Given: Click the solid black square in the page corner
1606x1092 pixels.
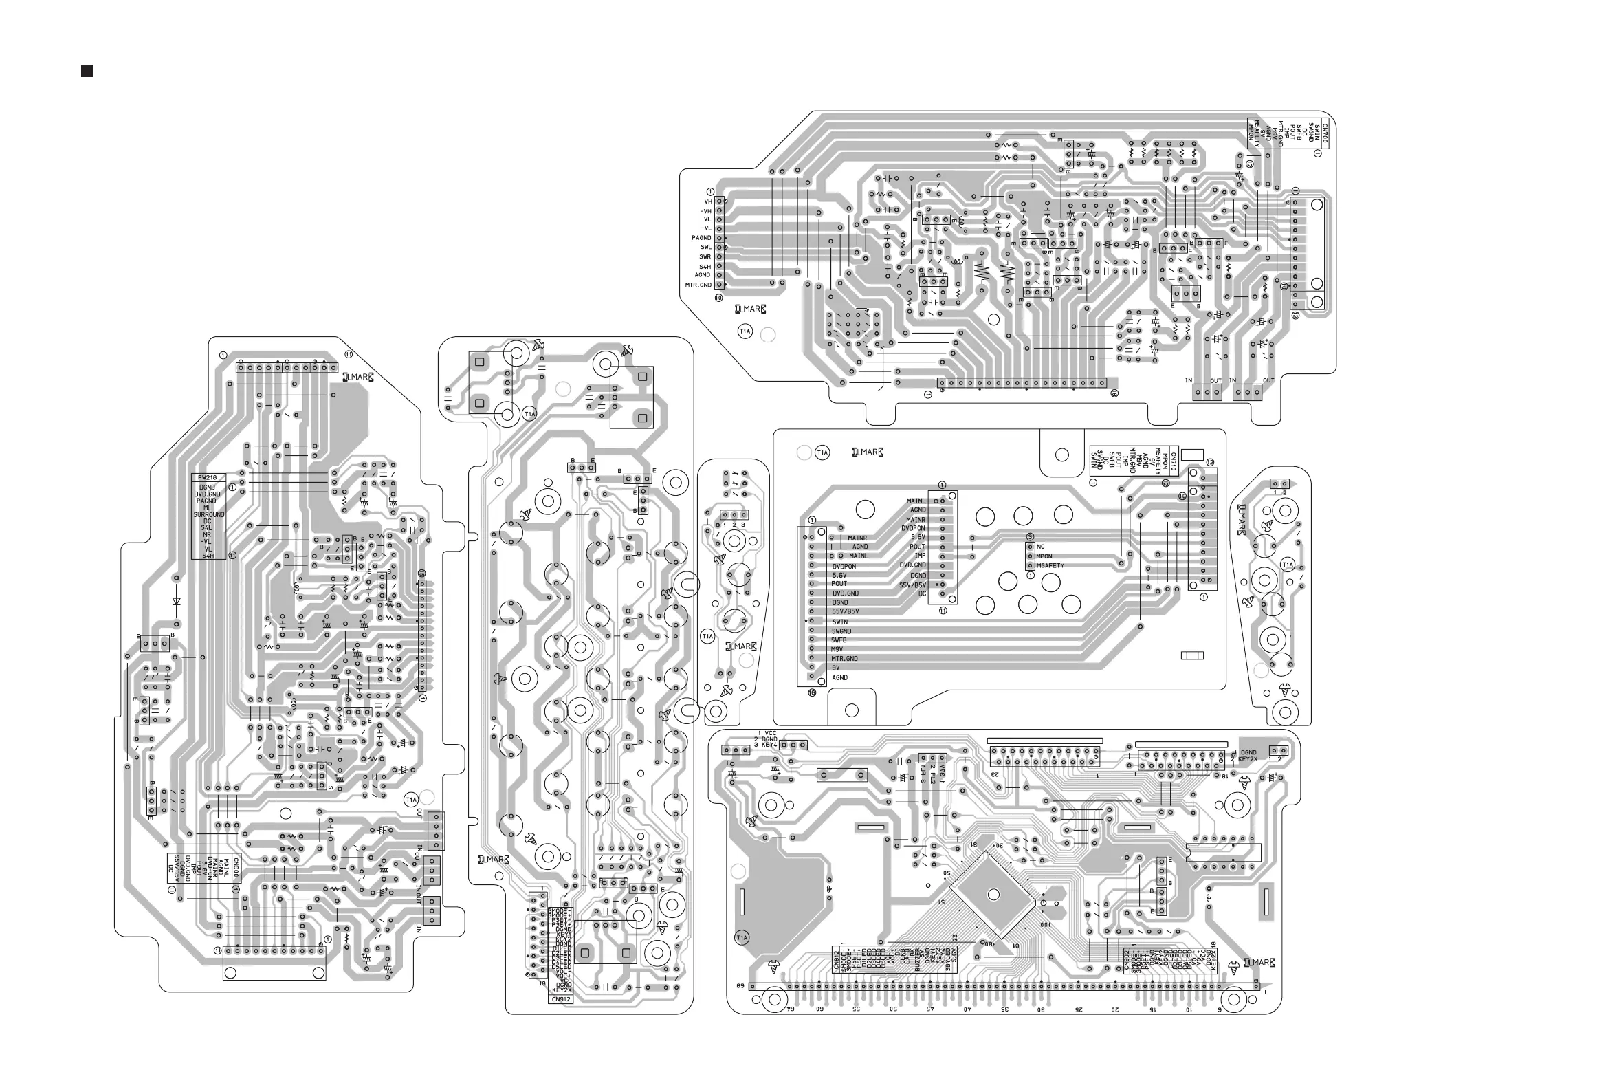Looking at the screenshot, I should coord(87,72).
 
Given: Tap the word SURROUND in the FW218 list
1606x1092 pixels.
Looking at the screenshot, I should coord(209,515).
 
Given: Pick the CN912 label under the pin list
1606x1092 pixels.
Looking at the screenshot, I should coord(560,999).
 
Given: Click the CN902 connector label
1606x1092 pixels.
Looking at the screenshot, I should coord(1127,961).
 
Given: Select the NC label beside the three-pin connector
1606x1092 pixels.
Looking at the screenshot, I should coord(1041,547).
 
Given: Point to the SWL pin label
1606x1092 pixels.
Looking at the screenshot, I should coord(705,247).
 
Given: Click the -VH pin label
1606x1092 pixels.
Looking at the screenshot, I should coord(705,211).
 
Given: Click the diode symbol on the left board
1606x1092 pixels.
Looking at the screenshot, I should coord(176,601).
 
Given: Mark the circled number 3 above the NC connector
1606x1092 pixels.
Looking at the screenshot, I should coord(1030,536).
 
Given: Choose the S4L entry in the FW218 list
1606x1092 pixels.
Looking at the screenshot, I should coord(207,528).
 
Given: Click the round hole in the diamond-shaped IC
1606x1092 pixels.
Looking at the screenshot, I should coord(993,895).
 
